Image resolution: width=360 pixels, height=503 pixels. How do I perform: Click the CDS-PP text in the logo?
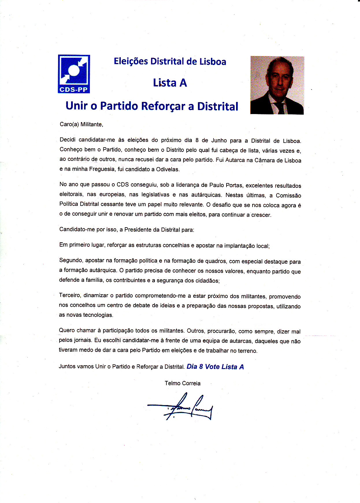[74, 90]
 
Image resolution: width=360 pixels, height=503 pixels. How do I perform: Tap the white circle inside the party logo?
[74, 70]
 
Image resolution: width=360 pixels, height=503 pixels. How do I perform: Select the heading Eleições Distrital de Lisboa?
[170, 61]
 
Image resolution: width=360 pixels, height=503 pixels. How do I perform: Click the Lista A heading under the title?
[170, 83]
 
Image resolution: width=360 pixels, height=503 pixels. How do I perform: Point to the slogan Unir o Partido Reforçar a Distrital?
[152, 106]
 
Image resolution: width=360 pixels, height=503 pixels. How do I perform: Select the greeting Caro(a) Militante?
[81, 124]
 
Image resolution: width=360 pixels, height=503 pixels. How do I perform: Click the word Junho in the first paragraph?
[219, 141]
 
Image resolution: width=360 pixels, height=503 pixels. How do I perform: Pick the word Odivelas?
[168, 169]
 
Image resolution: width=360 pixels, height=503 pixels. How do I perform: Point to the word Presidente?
[138, 230]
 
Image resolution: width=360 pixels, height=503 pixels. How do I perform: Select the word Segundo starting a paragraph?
[71, 260]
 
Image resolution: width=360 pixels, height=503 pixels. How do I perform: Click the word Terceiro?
[70, 295]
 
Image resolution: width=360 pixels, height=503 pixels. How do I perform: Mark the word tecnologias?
[98, 315]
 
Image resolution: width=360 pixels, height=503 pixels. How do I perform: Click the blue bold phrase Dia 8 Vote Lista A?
[215, 367]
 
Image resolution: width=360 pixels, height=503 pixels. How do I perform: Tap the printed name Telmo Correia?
[182, 383]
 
